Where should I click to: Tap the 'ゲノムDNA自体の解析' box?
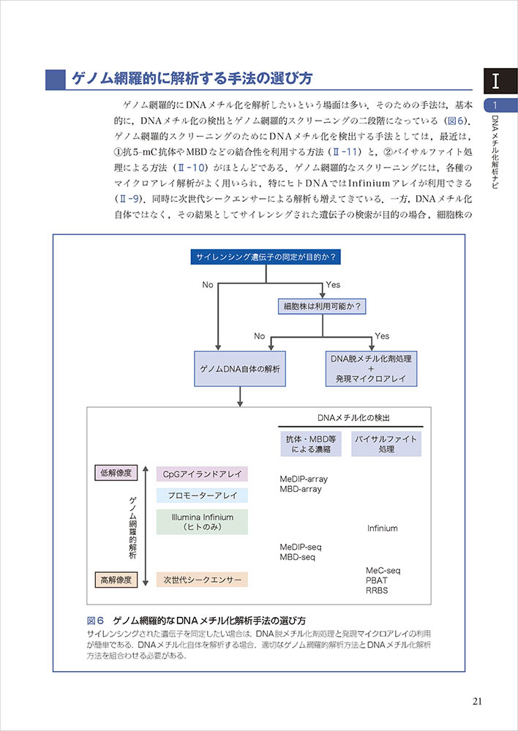pos(239,369)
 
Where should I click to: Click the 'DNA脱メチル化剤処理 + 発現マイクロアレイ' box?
pos(371,369)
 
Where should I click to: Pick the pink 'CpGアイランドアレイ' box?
pos(202,473)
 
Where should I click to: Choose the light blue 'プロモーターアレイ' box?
pos(202,495)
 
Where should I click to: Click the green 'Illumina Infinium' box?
pos(202,522)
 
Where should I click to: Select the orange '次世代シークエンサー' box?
pos(202,580)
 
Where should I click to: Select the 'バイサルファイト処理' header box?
pos(386,444)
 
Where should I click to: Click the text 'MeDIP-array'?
pos(304,479)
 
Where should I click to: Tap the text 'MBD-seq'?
pos(298,557)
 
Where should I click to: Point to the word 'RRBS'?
pos(377,591)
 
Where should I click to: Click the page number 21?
pos(477,702)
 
